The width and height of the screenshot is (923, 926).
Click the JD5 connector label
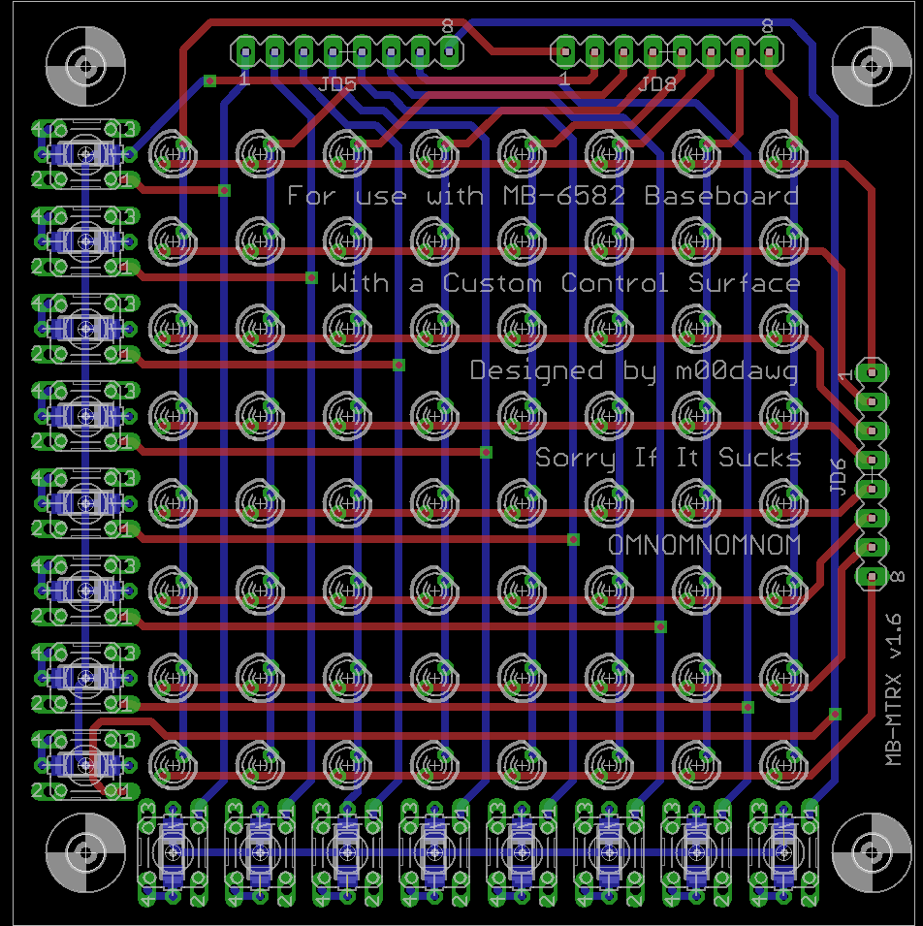[337, 85]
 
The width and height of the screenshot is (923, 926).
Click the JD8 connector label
[656, 85]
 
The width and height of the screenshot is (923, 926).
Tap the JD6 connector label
[840, 476]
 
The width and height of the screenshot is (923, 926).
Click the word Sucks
[760, 458]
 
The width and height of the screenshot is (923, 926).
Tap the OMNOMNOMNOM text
[704, 546]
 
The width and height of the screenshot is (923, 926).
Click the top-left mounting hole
[86, 67]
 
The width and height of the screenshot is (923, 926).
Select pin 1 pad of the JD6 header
[873, 371]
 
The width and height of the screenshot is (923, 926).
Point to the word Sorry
[576, 458]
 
